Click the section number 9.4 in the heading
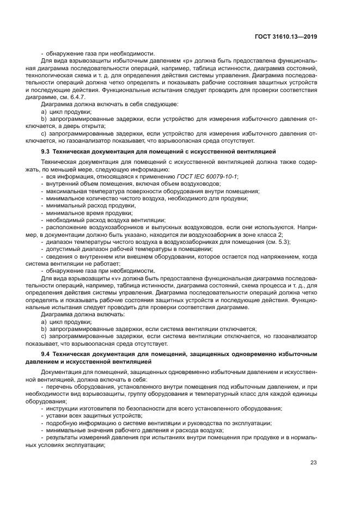pyautogui.click(x=47, y=354)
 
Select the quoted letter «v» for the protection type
pyautogui.click(x=116, y=277)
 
